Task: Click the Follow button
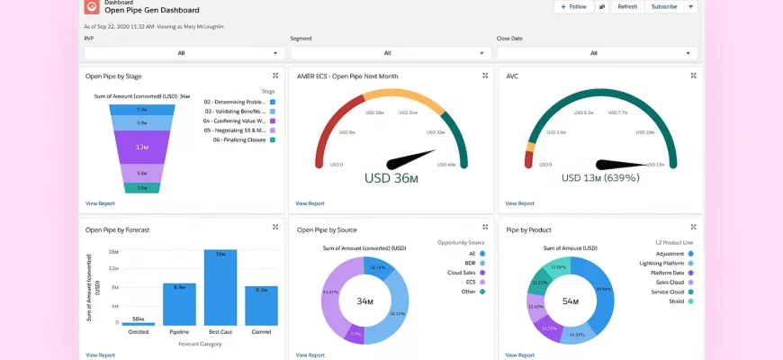coord(572,6)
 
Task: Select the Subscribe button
coord(663,6)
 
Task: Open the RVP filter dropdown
coord(182,53)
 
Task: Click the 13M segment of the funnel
coord(142,147)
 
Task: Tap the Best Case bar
coord(220,287)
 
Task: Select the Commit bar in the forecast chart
coord(261,305)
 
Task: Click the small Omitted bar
coord(139,323)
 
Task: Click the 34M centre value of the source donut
coord(365,301)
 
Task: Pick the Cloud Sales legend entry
coord(465,272)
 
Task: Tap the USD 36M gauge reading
coord(391,178)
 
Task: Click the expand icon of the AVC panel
coord(693,76)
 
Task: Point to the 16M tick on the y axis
coord(113,253)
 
